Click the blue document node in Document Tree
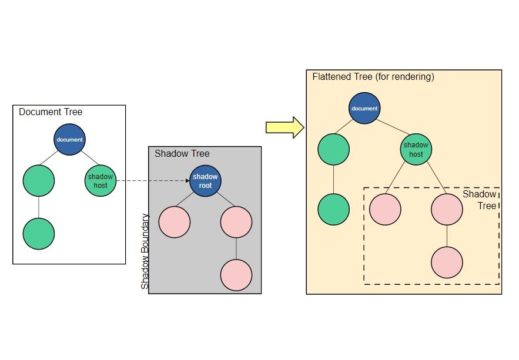tap(69, 139)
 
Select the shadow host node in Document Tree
tap(101, 180)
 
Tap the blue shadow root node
tap(205, 180)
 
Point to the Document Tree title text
tap(51, 112)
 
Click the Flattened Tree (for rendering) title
tap(373, 77)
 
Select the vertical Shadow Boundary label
tap(145, 251)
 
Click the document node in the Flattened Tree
tap(364, 108)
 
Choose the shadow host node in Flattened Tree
tap(416, 150)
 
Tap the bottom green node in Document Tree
tap(39, 234)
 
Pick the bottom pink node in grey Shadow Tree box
tap(236, 274)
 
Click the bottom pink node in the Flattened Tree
tap(447, 262)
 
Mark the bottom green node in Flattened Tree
tap(333, 209)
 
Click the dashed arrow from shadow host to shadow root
tap(153, 180)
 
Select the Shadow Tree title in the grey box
tap(182, 154)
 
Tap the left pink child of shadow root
tap(174, 222)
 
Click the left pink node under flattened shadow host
tap(385, 209)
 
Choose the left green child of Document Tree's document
tap(39, 180)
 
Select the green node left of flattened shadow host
tap(333, 150)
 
